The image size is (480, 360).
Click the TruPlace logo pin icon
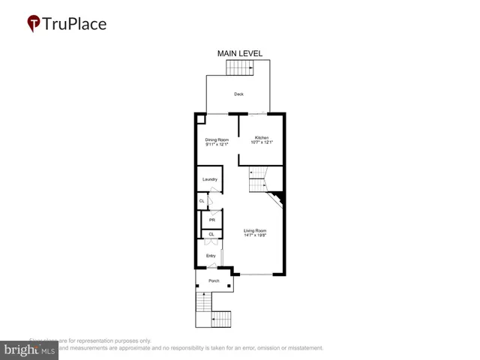34,24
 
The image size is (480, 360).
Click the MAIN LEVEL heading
239,53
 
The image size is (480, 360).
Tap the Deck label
238,94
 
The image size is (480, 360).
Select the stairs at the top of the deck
240,68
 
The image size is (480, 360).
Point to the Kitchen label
262,138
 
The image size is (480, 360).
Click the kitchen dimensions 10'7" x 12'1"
262,143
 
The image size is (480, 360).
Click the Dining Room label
217,139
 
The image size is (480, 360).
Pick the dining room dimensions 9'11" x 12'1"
217,144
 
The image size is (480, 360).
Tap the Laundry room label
210,179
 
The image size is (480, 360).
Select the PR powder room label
211,220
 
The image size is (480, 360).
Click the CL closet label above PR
202,201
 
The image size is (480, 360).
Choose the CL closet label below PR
211,235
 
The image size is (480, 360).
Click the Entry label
211,256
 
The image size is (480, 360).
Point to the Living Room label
255,230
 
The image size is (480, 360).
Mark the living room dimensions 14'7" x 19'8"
255,235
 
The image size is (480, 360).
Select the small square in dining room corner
200,118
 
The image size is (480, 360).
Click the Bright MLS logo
29,349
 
